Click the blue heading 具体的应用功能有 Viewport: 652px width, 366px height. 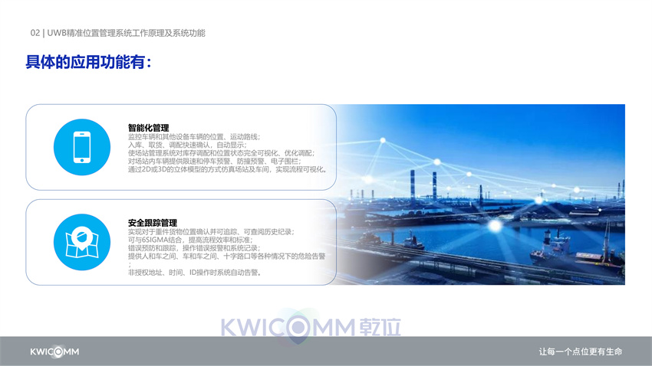coord(88,62)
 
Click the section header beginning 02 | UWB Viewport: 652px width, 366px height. coord(117,33)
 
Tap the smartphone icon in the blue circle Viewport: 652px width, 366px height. coord(82,147)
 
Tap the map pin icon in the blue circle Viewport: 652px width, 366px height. coord(82,242)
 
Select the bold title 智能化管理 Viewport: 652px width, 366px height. coord(149,128)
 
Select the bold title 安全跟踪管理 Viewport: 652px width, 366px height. coord(153,223)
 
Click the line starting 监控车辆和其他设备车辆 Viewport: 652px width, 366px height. coord(194,136)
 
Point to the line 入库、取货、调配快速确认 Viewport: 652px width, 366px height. coord(187,145)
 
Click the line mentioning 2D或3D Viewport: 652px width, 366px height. coord(228,169)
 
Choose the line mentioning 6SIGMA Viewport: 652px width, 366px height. coord(190,240)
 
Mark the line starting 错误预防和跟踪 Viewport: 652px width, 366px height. coord(194,248)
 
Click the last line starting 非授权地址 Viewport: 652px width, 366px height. coord(195,273)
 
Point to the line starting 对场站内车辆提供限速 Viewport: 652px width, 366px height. coord(215,161)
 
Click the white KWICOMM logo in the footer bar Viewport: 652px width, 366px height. coord(54,352)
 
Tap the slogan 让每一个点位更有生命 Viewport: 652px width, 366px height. coord(581,352)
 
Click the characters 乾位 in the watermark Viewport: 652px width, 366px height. coord(380,328)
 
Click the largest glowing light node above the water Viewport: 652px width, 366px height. coord(495,226)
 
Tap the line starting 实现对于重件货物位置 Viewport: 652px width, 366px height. coord(211,231)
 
